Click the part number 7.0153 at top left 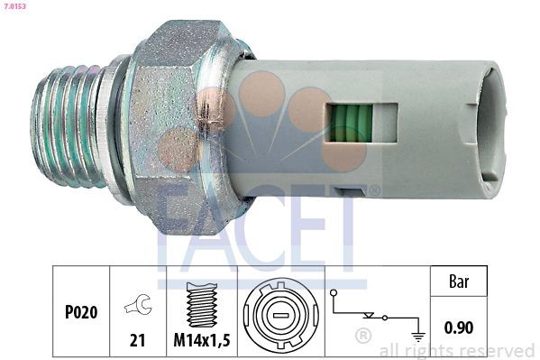(14, 6)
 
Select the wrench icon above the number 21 (139, 307)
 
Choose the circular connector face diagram (279, 317)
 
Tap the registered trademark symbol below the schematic (363, 337)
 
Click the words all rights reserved (456, 350)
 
